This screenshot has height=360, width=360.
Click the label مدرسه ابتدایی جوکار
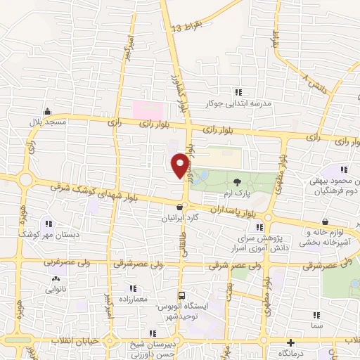click(238, 103)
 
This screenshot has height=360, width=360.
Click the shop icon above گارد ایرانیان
click(181, 207)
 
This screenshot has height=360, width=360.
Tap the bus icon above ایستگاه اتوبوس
click(182, 295)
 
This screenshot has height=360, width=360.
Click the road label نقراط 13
click(187, 27)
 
